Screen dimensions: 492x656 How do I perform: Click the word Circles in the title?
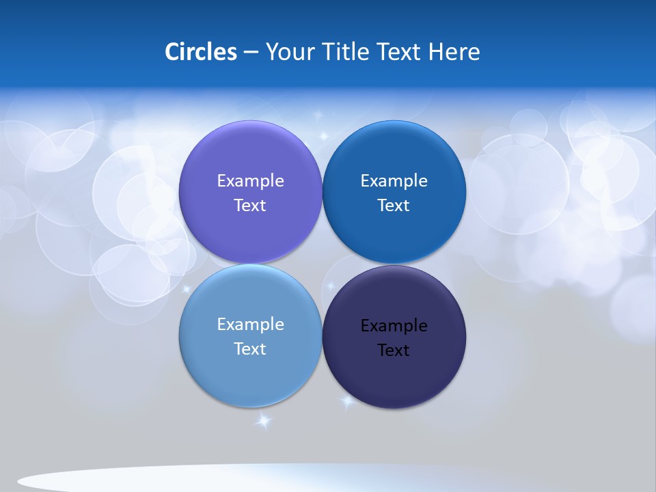(201, 52)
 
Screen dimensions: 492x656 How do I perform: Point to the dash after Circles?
(251, 53)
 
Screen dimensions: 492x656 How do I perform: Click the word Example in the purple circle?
(250, 181)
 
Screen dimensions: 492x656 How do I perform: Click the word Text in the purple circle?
(250, 206)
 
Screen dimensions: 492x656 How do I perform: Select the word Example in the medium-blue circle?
(394, 181)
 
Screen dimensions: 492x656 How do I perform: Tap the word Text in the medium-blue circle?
(394, 206)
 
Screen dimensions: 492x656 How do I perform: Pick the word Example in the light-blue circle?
(250, 325)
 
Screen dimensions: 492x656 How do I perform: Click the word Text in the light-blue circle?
(250, 349)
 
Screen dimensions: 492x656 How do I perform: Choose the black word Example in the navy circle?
(394, 326)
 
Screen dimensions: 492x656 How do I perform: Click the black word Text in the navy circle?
(394, 351)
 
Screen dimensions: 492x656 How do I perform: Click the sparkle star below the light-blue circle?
(263, 421)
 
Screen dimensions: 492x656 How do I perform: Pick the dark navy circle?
(394, 379)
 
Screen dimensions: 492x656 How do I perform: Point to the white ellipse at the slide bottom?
(205, 478)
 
